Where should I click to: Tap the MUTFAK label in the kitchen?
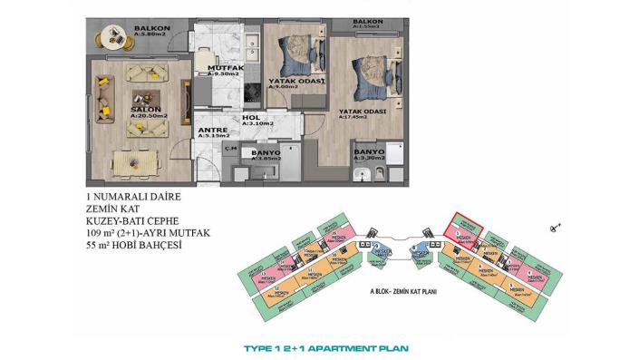click(x=222, y=68)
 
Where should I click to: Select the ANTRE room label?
click(x=211, y=130)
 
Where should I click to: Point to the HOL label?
click(x=252, y=118)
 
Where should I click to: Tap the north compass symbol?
click(x=557, y=225)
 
